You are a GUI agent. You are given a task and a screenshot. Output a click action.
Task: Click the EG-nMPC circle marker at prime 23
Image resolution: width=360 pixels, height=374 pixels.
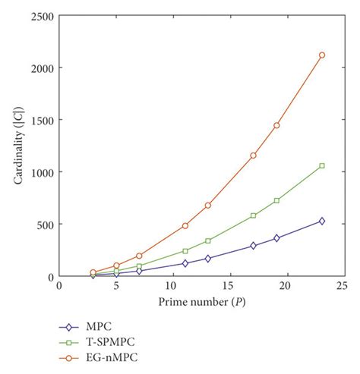tap(322, 55)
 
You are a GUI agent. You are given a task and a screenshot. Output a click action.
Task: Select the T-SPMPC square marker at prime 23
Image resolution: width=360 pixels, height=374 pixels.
tap(322, 165)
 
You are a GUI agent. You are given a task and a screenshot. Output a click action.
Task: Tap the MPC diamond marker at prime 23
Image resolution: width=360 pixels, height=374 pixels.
tap(322, 221)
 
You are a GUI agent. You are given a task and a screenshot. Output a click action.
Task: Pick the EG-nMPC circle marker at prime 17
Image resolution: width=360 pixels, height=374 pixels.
tap(254, 155)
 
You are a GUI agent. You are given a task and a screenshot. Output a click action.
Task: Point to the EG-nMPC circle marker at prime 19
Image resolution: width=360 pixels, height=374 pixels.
tap(276, 125)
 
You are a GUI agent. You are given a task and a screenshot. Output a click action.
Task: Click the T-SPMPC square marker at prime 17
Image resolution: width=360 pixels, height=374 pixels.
tap(254, 215)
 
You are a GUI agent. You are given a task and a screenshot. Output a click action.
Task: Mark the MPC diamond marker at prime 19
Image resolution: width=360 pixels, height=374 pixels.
tap(276, 238)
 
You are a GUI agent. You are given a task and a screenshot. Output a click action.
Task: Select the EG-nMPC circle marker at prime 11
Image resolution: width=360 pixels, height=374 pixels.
tap(185, 225)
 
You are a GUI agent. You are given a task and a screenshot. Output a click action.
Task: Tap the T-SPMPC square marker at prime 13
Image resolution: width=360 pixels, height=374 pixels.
tap(208, 240)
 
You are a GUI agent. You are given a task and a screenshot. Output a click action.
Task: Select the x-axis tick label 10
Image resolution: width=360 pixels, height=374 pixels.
tap(172, 286)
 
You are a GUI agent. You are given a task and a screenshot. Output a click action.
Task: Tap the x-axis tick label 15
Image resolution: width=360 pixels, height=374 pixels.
tap(229, 286)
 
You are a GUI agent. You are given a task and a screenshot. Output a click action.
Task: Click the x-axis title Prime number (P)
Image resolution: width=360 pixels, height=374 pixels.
tap(201, 303)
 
